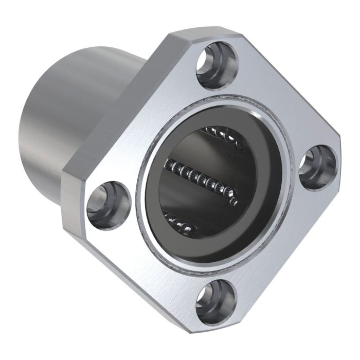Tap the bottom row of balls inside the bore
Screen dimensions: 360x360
[x=180, y=222]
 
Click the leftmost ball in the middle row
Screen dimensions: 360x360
[x=168, y=164]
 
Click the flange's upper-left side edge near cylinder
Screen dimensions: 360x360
[x=118, y=103]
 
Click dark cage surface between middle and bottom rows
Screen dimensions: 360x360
[x=206, y=206]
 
